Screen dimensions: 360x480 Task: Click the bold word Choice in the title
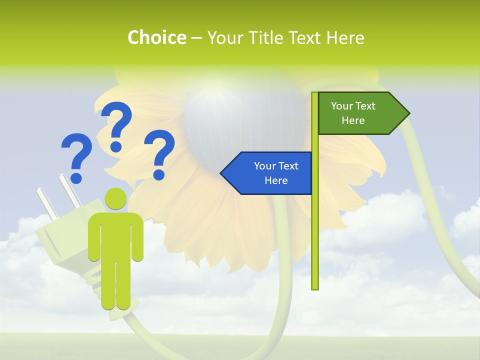pos(156,37)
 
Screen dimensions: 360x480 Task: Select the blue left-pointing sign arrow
pos(267,173)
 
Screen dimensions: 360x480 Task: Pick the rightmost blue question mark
pos(159,152)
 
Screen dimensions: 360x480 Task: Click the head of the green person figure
pos(115,199)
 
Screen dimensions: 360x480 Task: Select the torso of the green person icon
pos(115,235)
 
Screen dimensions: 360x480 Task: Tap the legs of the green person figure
pos(115,285)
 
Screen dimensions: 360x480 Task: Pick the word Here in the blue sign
pos(276,180)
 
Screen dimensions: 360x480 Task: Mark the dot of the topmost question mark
pos(116,146)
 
